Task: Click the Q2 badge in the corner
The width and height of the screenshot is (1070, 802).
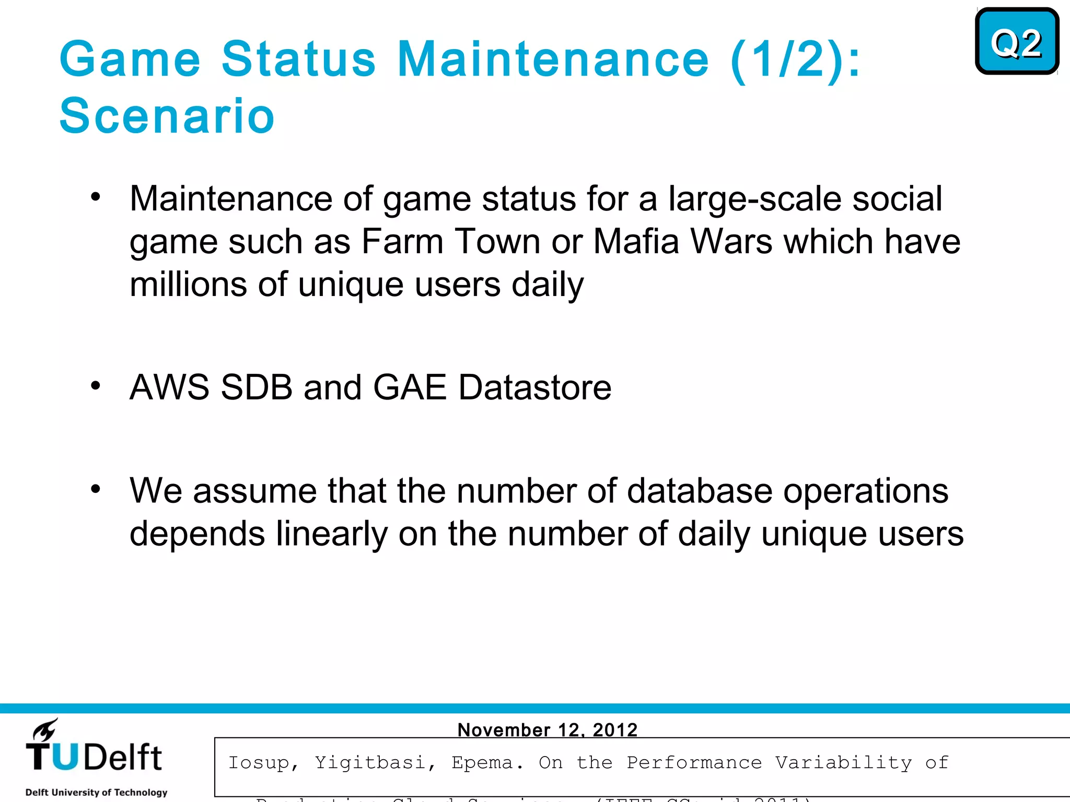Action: (1017, 42)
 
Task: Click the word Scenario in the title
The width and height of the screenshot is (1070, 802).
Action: (167, 116)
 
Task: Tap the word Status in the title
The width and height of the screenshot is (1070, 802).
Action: (298, 59)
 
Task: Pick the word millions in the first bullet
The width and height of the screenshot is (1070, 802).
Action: (188, 285)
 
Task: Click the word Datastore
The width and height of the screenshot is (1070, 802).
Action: (535, 387)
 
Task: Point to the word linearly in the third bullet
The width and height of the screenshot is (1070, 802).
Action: (332, 534)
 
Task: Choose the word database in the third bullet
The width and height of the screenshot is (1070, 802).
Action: (699, 491)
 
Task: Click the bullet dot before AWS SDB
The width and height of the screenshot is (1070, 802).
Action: (95, 386)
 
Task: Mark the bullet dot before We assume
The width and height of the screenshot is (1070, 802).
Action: (95, 489)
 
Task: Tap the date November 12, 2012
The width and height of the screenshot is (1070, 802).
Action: (548, 729)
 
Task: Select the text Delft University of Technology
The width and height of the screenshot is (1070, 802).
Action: (97, 792)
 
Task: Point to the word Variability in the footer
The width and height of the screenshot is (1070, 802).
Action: (843, 763)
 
